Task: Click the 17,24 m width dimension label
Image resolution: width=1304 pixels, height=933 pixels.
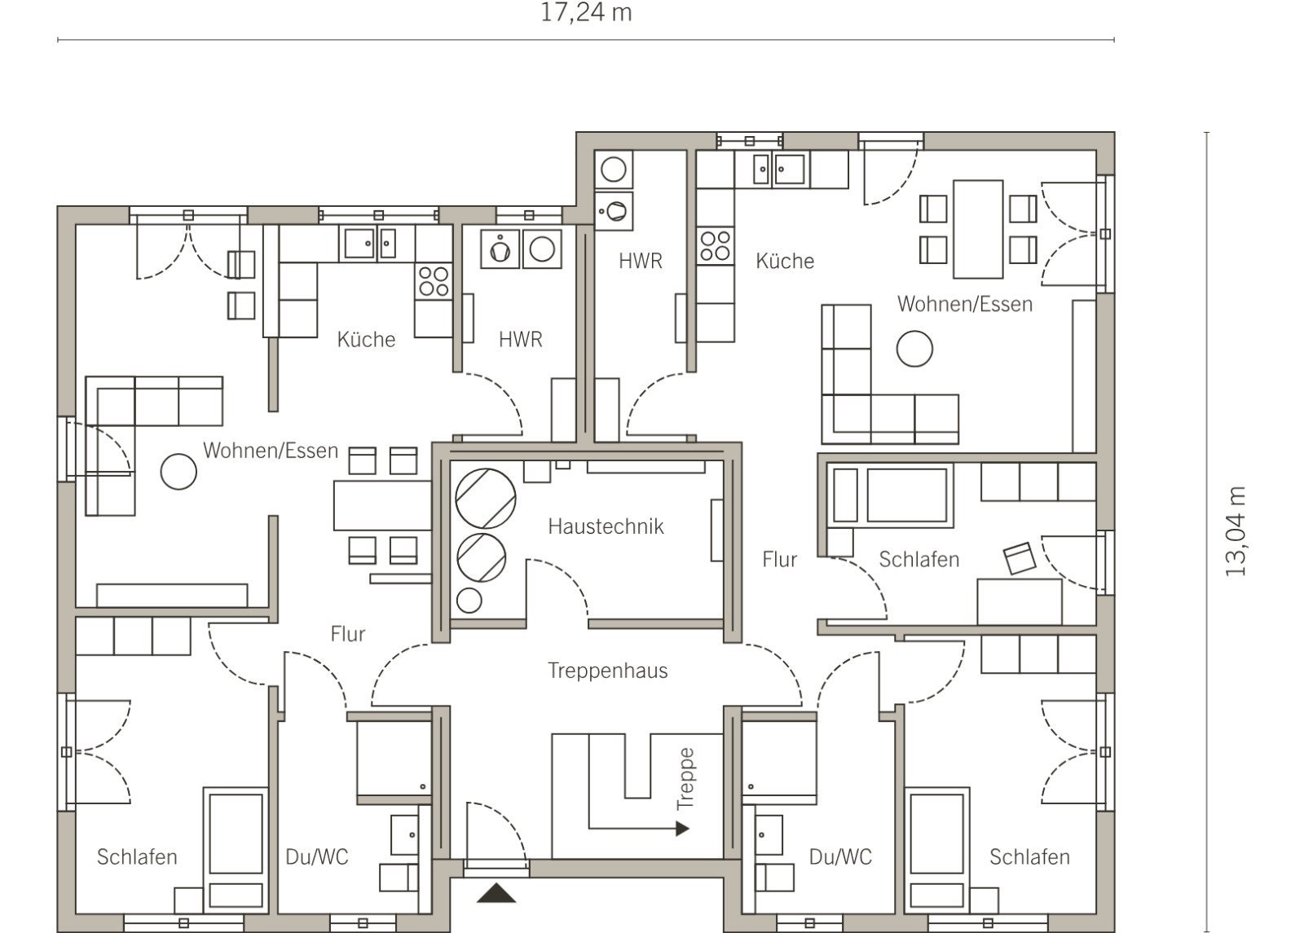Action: click(586, 13)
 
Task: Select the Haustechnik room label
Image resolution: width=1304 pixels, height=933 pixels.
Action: click(606, 526)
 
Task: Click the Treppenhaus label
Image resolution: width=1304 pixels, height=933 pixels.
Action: click(607, 671)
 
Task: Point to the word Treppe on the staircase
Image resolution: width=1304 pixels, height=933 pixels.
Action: click(685, 779)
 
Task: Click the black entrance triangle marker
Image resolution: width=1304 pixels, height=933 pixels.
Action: click(496, 893)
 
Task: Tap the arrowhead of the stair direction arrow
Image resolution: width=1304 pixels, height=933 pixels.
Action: click(682, 828)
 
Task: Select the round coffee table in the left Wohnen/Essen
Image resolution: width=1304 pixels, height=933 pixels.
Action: click(178, 472)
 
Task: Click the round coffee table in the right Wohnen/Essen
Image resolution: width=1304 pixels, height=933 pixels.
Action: click(914, 349)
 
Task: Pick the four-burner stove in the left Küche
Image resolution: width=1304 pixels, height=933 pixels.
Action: click(434, 281)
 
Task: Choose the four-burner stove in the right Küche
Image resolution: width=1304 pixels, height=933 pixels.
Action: click(716, 245)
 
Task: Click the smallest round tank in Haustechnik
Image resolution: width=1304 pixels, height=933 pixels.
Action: click(469, 600)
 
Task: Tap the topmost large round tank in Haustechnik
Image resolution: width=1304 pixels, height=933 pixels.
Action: click(486, 498)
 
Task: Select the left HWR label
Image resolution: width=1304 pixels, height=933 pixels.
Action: click(521, 339)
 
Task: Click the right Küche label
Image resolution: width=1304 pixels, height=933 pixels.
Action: click(785, 261)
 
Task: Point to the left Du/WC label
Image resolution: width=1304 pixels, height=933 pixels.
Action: click(317, 856)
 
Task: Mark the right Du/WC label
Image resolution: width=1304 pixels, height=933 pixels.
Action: click(840, 856)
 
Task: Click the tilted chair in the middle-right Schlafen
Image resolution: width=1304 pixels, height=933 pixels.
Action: click(1020, 558)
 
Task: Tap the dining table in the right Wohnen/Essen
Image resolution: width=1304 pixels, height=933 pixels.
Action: click(978, 229)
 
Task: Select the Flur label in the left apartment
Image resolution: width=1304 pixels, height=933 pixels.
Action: click(347, 634)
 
